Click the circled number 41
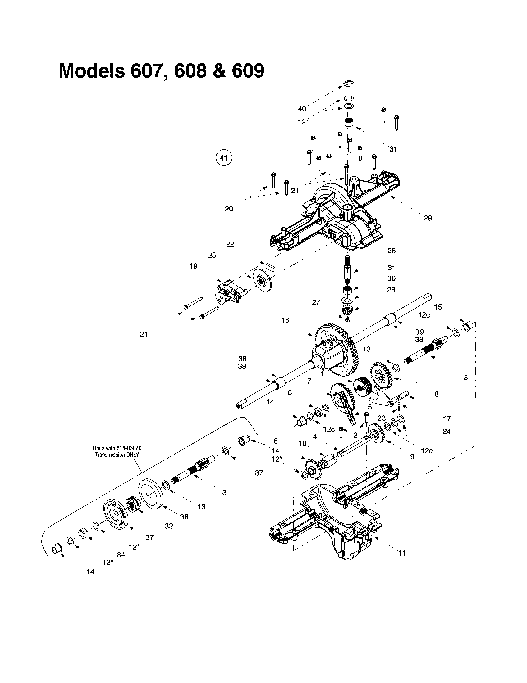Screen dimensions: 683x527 (x=223, y=158)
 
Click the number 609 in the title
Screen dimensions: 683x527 (x=248, y=71)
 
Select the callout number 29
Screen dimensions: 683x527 (x=428, y=218)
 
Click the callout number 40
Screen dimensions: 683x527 (x=302, y=109)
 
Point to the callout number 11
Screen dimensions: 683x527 (x=402, y=553)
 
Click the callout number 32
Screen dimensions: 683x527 (x=169, y=526)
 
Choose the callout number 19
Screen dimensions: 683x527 (x=193, y=266)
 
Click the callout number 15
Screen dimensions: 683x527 (x=438, y=307)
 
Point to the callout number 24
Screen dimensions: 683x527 (x=446, y=432)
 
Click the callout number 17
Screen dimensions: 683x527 (x=447, y=418)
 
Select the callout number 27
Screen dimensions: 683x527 (x=316, y=302)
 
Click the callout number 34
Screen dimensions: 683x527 (x=121, y=554)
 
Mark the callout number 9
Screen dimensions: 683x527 (x=412, y=457)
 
